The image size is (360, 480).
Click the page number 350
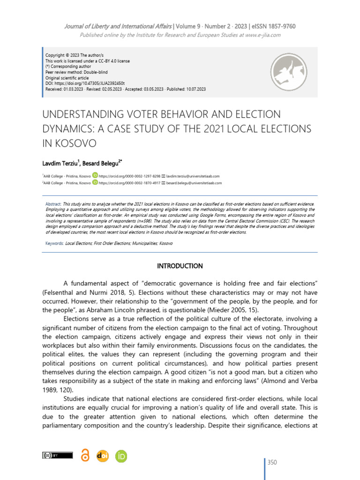[x=272, y=463]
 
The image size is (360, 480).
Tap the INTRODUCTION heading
[x=180, y=266]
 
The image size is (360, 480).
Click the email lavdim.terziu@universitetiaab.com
[x=193, y=176]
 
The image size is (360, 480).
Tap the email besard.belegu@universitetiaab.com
[x=194, y=183]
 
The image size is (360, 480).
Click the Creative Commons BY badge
[x=58, y=455]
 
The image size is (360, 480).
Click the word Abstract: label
[x=53, y=205]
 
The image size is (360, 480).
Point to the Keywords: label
[x=54, y=244]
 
